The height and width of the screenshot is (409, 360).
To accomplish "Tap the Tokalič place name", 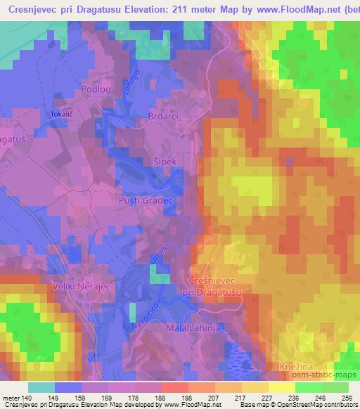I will click(x=61, y=113).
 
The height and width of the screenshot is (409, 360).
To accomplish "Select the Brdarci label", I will click(x=163, y=117).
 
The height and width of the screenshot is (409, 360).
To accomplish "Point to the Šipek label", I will click(x=164, y=162).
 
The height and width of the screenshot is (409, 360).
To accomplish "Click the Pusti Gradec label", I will click(x=148, y=200).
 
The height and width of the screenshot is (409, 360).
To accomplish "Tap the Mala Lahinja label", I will click(x=191, y=329).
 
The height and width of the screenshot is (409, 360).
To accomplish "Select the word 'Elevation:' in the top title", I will click(x=169, y=8).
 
